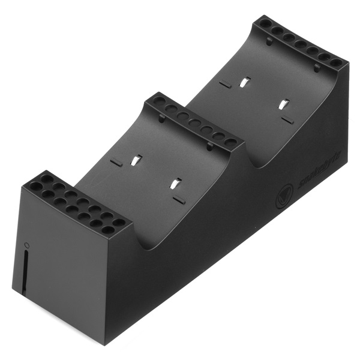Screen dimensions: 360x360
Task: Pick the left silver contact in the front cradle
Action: point(137,161)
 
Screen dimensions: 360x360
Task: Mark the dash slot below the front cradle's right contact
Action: point(178,199)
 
